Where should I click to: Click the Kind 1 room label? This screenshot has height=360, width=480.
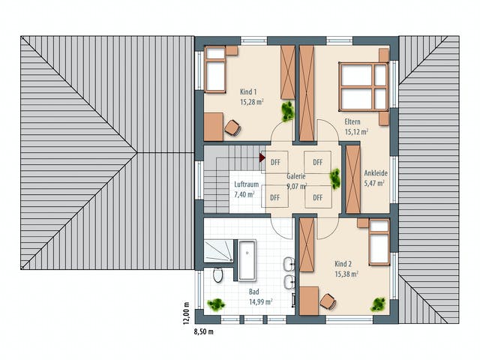coord(248,91)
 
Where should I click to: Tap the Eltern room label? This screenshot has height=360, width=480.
coord(352,121)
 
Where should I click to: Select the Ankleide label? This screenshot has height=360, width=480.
coord(376,173)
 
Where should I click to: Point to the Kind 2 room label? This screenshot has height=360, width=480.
coord(343,263)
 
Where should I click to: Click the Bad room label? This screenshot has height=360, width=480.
coord(253,292)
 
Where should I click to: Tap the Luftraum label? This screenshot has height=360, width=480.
coord(247,184)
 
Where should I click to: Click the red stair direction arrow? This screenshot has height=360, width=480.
coord(262,157)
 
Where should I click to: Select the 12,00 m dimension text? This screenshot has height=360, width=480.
coord(187,312)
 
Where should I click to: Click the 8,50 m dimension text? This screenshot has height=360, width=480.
coord(203,331)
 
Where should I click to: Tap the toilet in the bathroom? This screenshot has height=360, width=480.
coord(218,275)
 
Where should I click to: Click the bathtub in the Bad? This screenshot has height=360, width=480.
coord(247,260)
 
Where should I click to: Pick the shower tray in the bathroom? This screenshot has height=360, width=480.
coord(218,251)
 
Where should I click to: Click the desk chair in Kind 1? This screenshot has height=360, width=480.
coord(232,127)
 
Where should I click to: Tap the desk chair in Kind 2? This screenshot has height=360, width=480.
coord(328,301)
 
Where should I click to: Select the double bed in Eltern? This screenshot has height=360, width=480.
coord(363,87)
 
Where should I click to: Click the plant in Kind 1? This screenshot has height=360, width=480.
coord(288,111)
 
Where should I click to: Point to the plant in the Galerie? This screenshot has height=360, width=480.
coord(335,178)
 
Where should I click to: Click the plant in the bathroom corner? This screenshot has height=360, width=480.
coord(216,304)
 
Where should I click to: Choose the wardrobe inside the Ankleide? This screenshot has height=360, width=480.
coord(353,179)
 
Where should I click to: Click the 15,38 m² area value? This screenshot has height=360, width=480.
coord(346,274)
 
